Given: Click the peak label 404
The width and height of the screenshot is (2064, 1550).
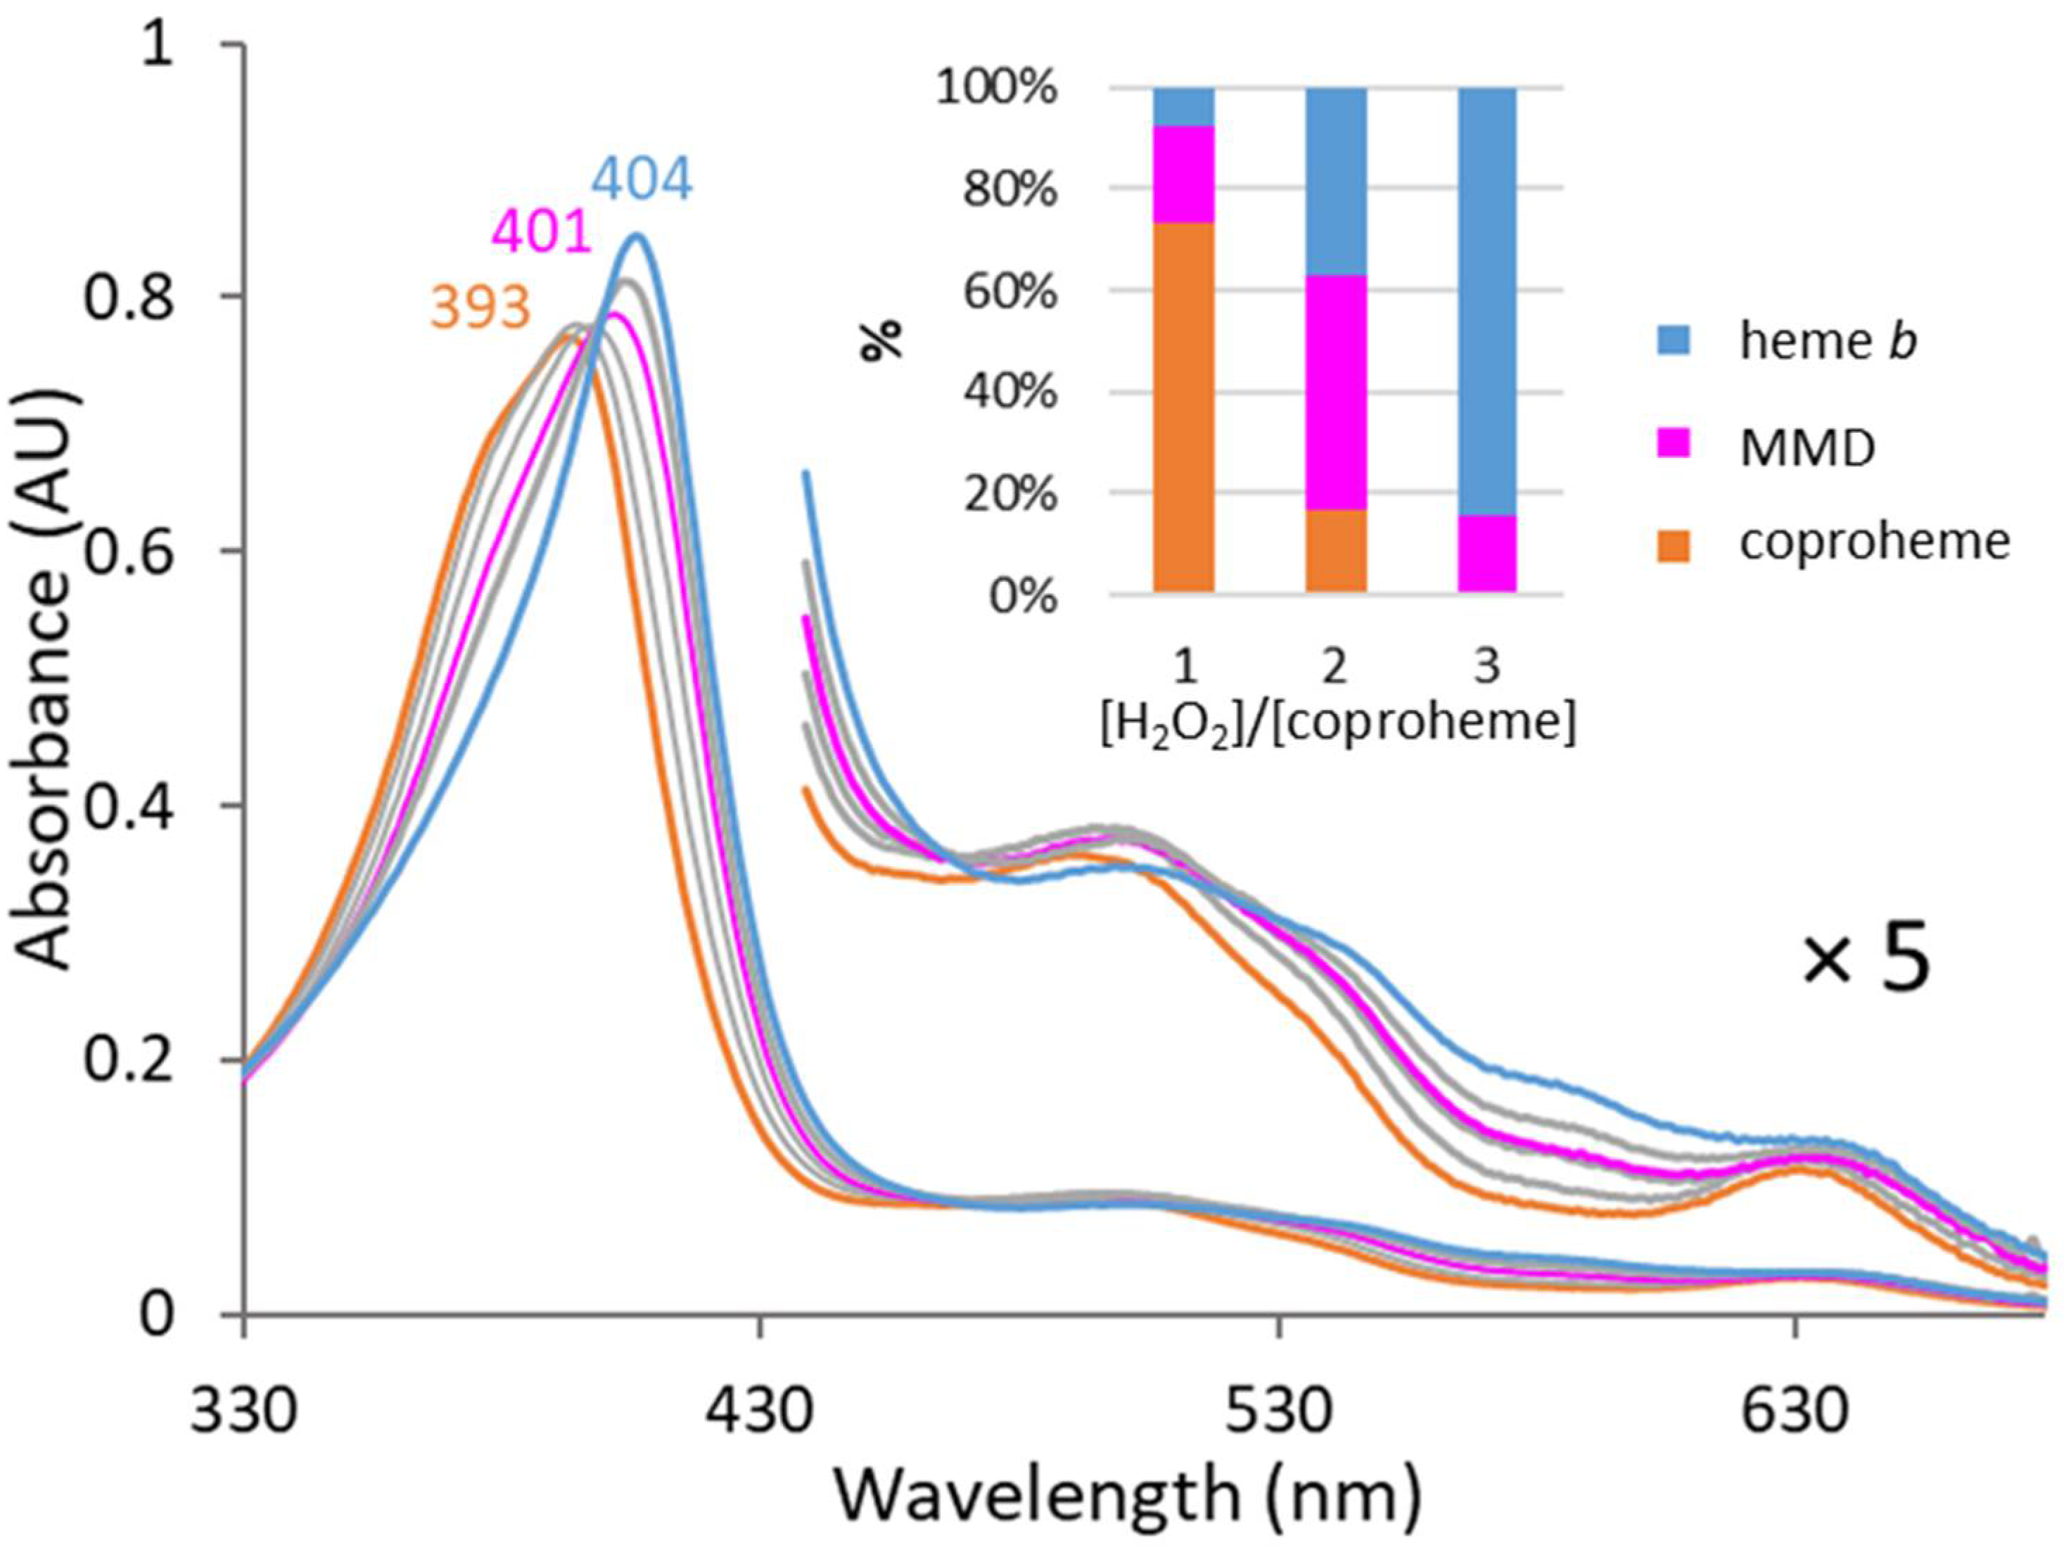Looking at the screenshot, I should tap(642, 180).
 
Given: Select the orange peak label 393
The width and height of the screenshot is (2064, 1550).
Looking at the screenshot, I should tap(480, 307).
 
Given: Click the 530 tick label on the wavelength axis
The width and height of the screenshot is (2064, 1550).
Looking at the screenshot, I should tap(1278, 1412).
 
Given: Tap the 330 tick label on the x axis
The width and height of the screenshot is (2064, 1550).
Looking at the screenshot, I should tap(245, 1412).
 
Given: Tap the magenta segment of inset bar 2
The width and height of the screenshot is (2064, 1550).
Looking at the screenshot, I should tap(1335, 392).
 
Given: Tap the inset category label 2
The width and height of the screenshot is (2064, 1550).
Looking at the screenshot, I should tap(1335, 667).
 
